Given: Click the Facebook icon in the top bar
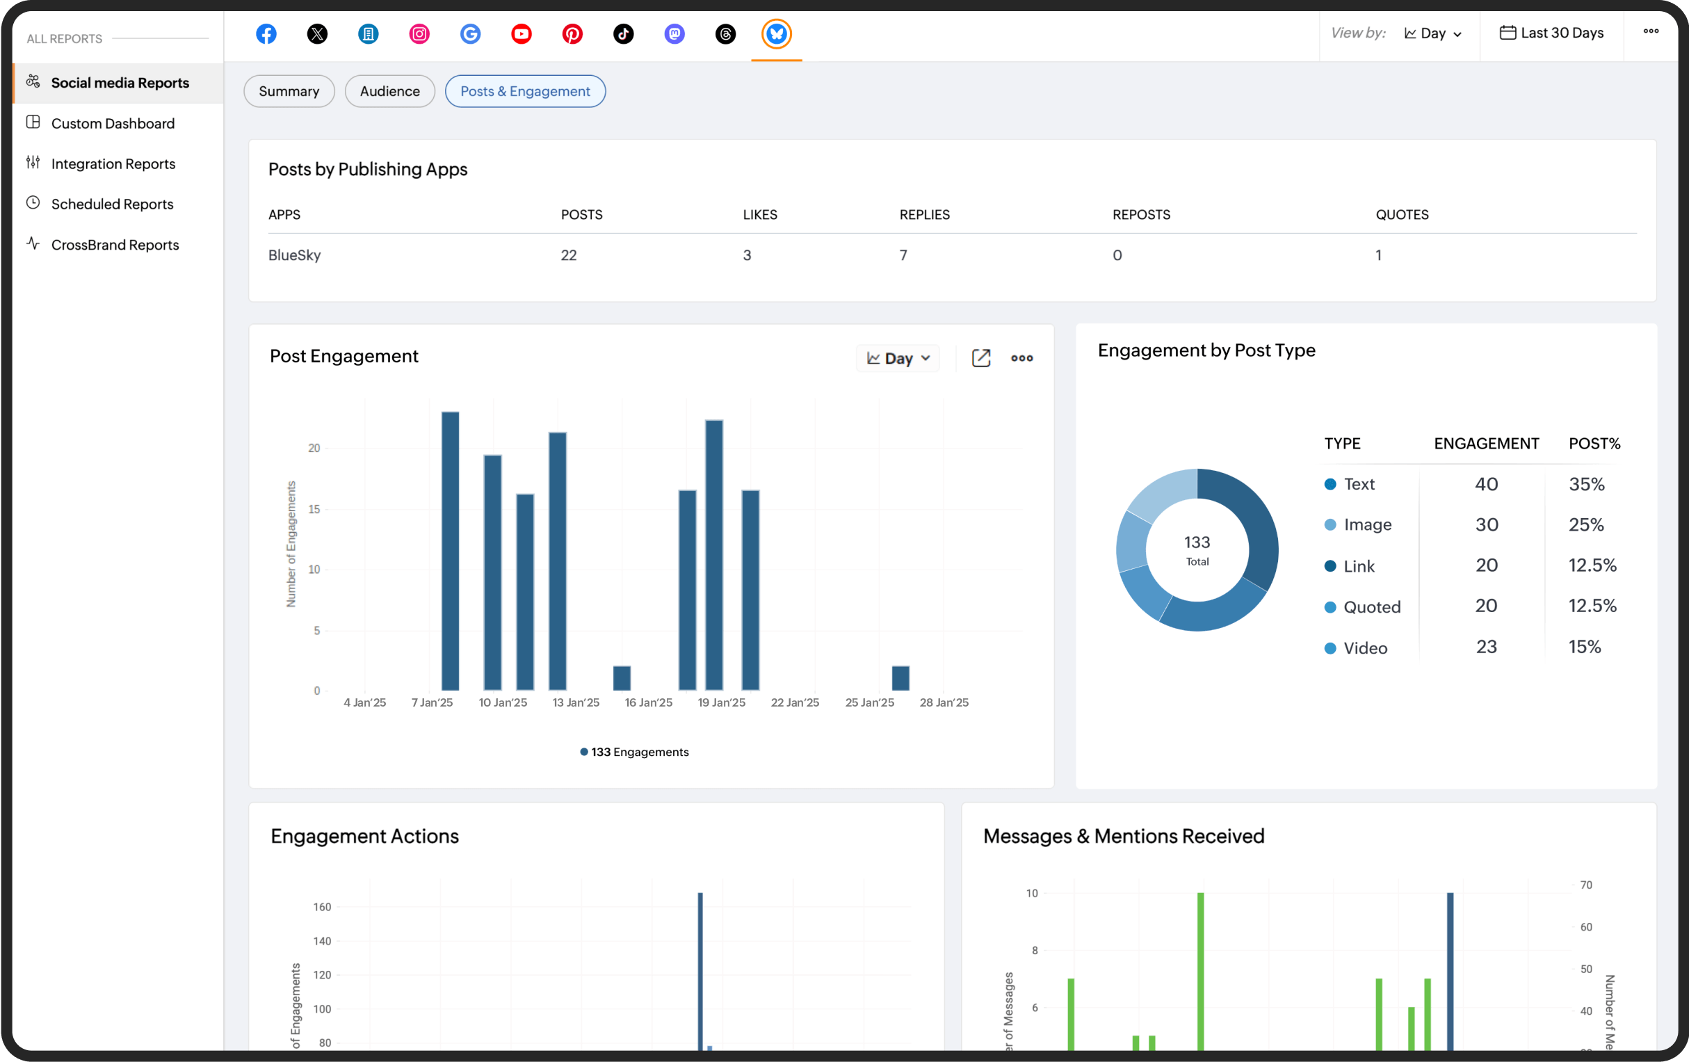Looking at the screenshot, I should pos(266,33).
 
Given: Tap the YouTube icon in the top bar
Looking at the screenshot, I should pos(521,33).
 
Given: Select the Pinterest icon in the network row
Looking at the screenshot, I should pos(572,33).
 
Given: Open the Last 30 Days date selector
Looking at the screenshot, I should pos(1551,33).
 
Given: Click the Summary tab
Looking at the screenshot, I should pos(289,91).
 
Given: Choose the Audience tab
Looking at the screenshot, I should pos(389,91).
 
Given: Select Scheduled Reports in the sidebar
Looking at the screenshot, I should pos(112,204).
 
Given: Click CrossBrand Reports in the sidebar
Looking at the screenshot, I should pos(115,245).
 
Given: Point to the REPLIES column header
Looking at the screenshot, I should pos(924,215).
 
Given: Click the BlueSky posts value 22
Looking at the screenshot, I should pos(568,255).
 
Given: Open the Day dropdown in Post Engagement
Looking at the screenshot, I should pos(898,358).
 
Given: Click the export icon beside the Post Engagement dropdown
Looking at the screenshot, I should pos(980,358).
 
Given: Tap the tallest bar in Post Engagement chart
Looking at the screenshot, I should pos(451,551).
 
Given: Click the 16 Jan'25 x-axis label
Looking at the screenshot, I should pos(648,703).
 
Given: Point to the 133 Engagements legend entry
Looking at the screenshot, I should pos(634,752).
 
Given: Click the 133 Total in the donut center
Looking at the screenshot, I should pos(1197,550).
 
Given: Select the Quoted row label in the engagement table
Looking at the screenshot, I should pos(1371,607).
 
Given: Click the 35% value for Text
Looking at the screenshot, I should pos(1586,485).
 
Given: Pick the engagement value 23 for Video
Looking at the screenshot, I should pos(1485,647).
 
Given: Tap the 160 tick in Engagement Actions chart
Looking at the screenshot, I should pos(322,907).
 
